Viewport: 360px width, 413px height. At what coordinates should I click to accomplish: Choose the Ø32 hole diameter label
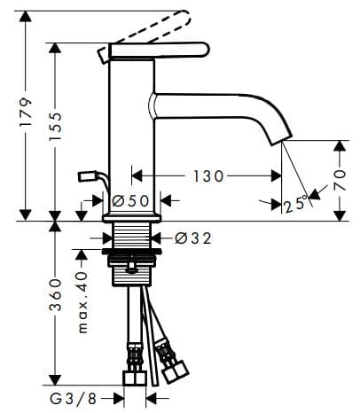[x=192, y=238]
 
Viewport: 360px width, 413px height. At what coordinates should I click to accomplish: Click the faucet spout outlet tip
[x=280, y=136]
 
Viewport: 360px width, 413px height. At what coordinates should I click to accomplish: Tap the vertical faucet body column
[x=131, y=133]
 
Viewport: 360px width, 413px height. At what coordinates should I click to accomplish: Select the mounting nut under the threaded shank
[x=132, y=269]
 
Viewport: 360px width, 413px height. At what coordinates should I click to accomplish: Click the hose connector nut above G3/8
[x=134, y=378]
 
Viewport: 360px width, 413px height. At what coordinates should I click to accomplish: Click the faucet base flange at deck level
[x=132, y=216]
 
